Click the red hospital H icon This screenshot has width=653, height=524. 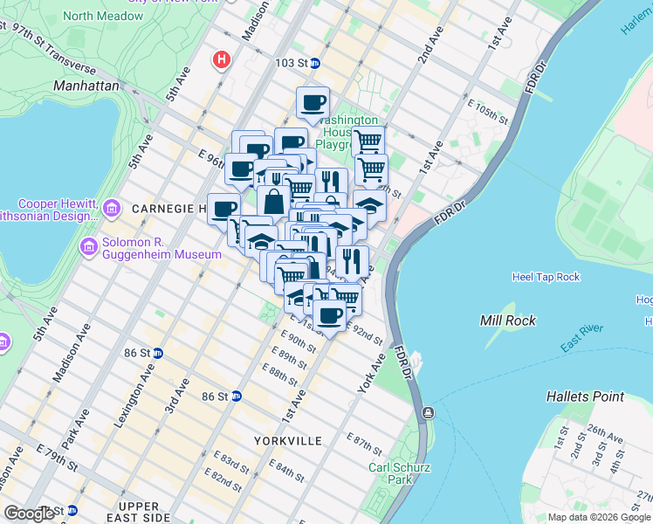[223, 59]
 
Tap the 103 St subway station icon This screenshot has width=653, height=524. [316, 63]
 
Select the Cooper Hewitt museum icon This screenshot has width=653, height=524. [111, 207]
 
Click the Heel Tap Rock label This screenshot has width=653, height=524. [545, 278]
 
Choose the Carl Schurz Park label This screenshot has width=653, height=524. [389, 473]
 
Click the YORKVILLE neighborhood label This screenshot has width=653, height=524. [289, 441]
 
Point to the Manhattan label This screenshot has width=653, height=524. [86, 86]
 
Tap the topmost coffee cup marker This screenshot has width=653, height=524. [313, 103]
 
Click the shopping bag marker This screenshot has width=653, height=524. [273, 202]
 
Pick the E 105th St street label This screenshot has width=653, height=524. [487, 111]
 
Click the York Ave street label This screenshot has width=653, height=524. [371, 373]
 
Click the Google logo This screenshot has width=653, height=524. [30, 514]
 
